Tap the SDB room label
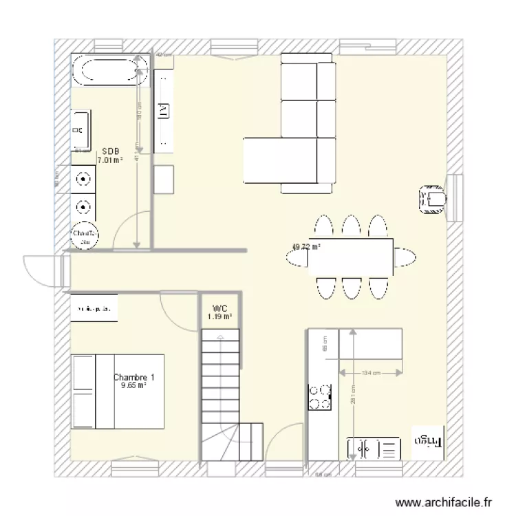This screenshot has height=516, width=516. (109, 151)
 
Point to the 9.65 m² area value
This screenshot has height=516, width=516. (133, 386)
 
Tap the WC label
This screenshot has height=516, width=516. (219, 308)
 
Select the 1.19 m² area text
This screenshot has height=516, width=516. (219, 317)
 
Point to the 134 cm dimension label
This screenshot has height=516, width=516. (370, 374)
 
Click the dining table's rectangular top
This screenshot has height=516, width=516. (351, 256)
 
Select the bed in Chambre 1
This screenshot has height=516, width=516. (118, 391)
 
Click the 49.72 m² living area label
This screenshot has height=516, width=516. (307, 246)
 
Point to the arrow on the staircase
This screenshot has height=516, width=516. (220, 337)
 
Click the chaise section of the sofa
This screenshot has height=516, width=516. (279, 160)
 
